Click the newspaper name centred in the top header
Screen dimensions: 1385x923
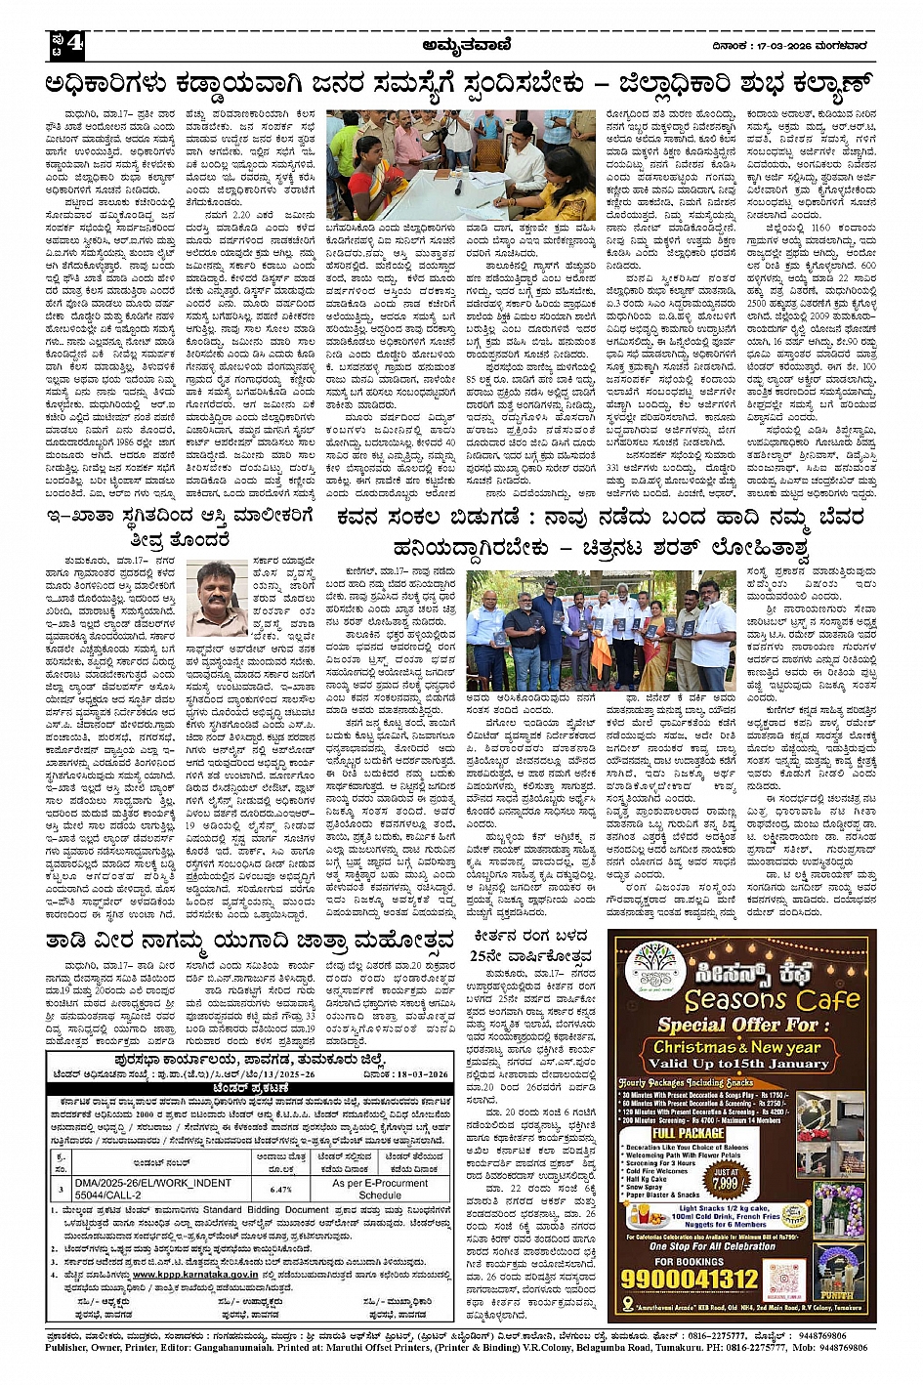[x=461, y=44]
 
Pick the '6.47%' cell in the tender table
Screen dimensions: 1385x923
[x=281, y=1189]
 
